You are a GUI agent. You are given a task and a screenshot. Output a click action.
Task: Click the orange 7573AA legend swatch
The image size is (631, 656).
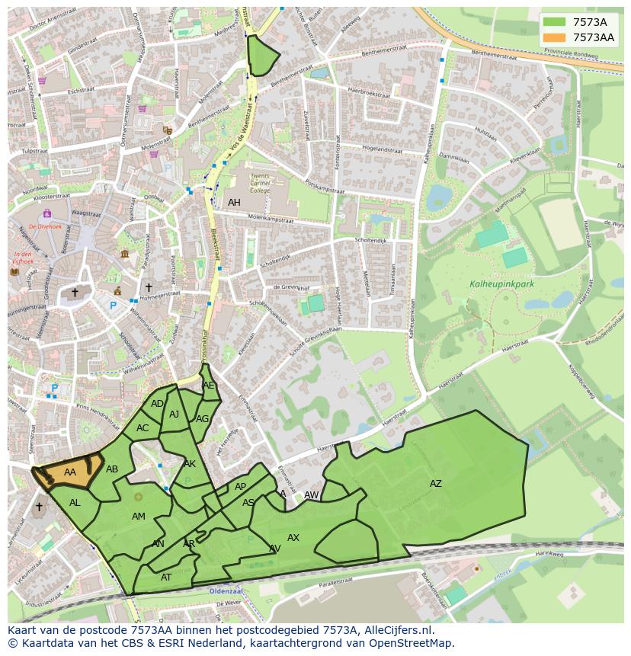[x=555, y=37]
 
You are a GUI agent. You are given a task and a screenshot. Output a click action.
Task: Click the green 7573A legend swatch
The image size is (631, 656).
[x=555, y=22]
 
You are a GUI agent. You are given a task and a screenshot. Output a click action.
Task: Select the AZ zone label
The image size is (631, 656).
[x=435, y=484]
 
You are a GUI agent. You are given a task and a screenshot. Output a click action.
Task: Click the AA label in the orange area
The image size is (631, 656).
[x=70, y=472]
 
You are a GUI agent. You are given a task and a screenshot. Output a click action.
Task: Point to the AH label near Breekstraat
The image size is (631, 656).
[x=234, y=203]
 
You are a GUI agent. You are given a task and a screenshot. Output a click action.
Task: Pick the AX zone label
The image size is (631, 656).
[x=293, y=538]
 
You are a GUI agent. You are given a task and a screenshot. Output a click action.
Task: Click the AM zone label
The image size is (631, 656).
[x=138, y=517]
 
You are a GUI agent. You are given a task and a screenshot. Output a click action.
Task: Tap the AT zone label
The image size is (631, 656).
[x=166, y=578]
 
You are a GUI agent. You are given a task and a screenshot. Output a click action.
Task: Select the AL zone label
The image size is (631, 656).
[x=75, y=503]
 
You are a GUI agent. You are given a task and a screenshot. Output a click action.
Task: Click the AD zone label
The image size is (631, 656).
[x=157, y=404]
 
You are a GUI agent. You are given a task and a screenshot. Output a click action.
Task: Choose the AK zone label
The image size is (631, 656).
[x=190, y=464]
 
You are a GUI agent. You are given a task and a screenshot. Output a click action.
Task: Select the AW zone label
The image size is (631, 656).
[x=311, y=495]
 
